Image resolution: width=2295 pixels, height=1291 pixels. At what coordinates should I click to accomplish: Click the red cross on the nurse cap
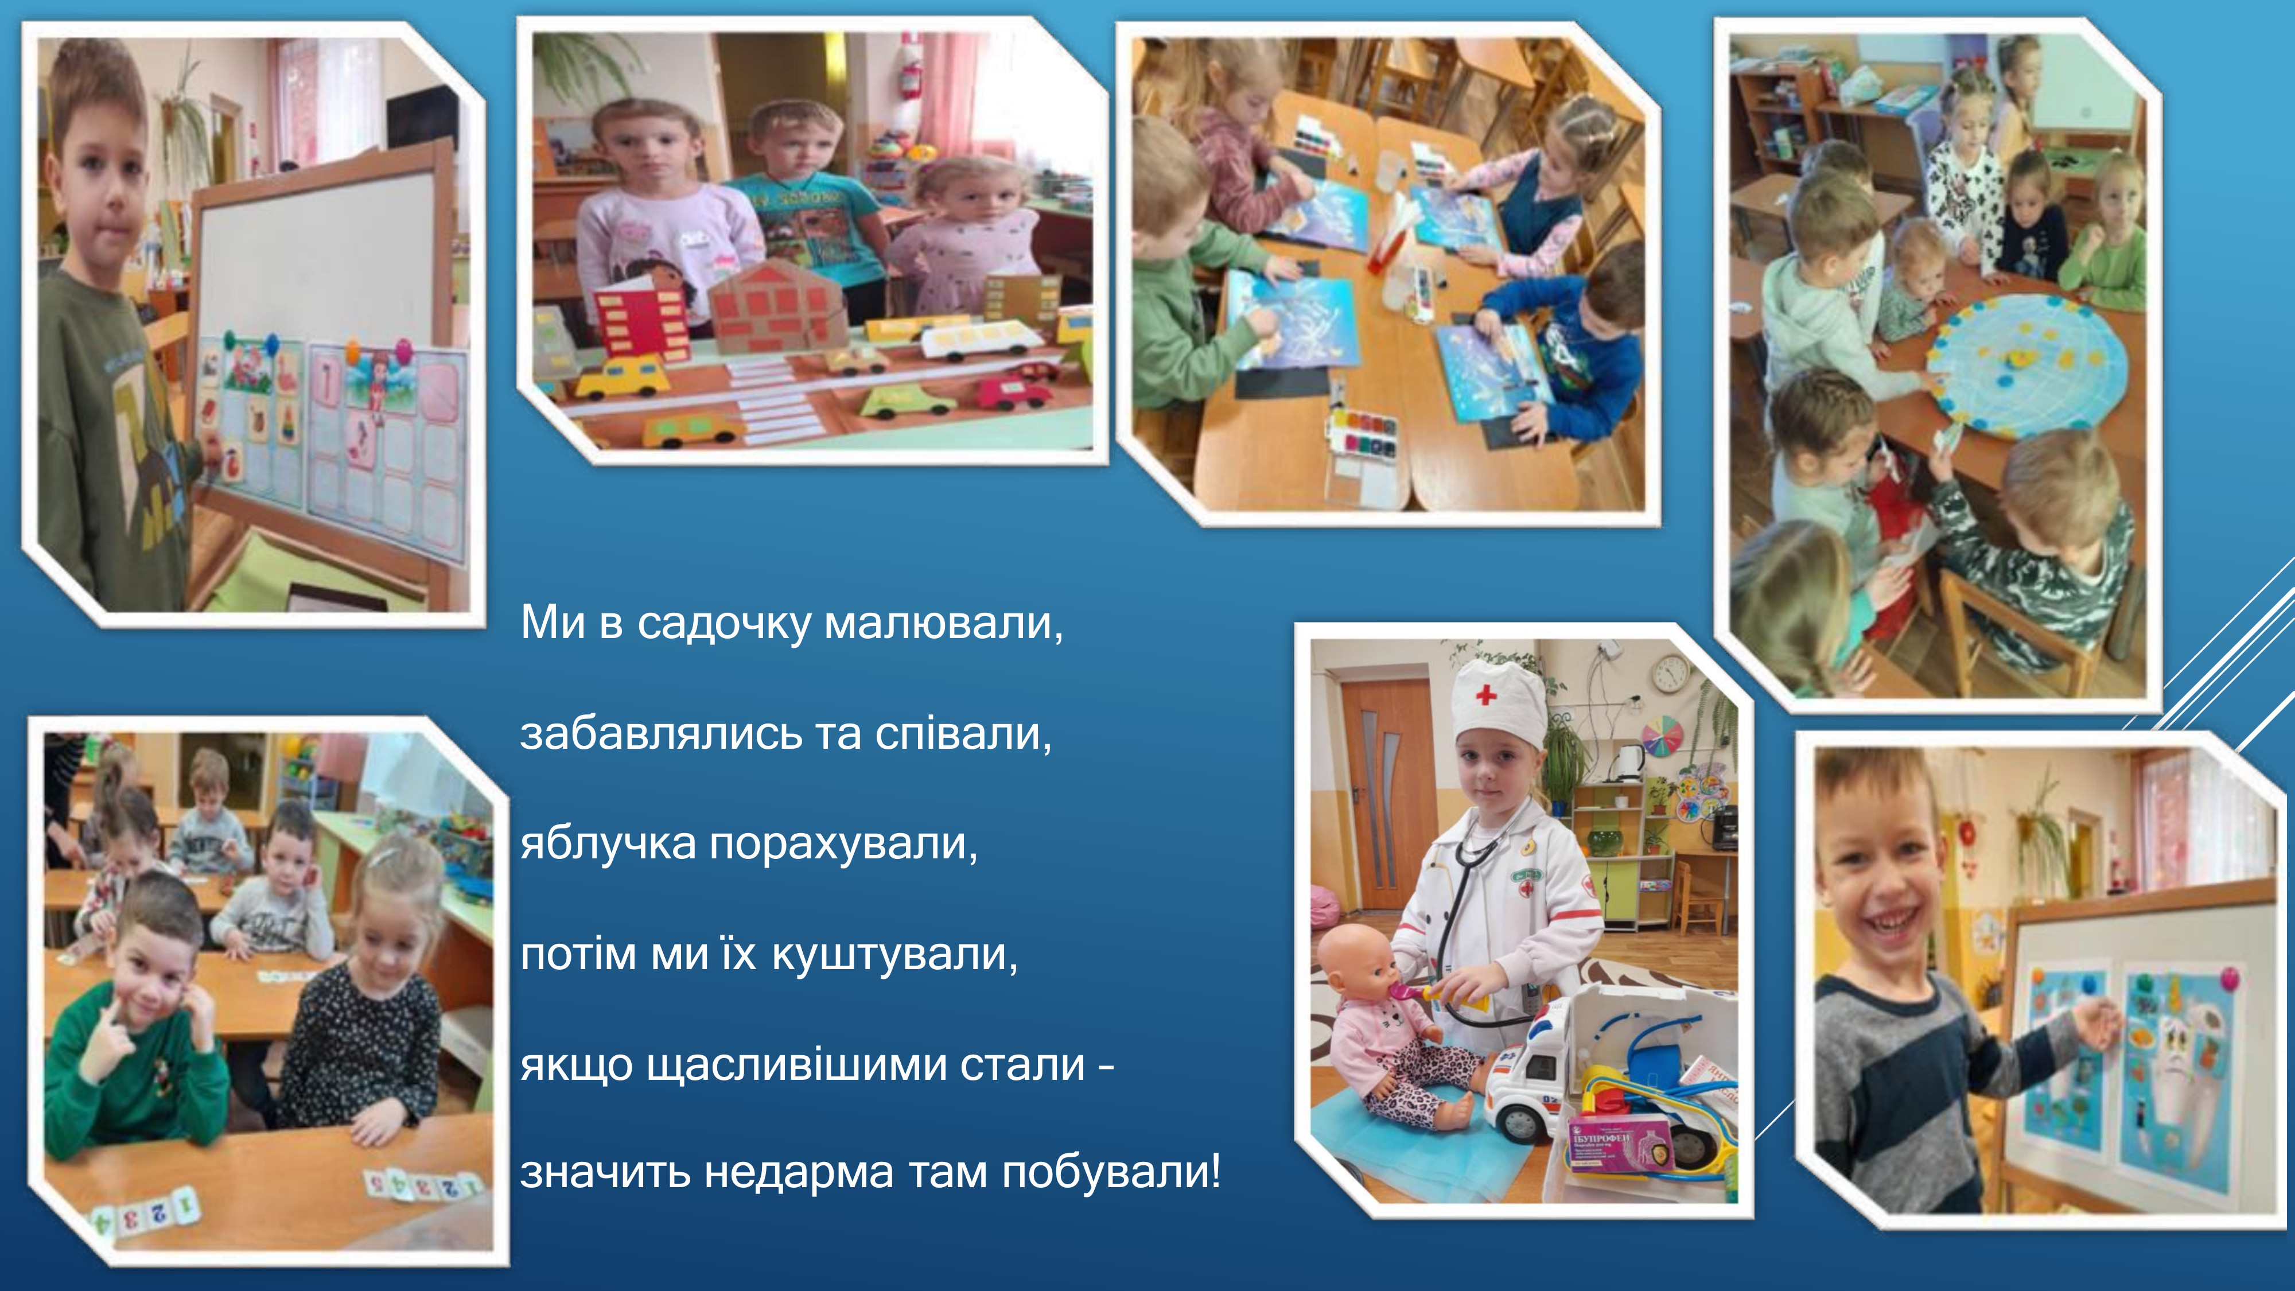coord(1485,694)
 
